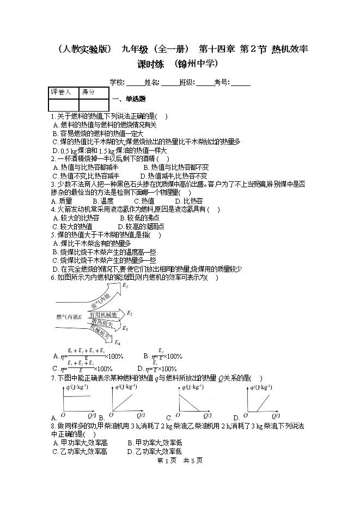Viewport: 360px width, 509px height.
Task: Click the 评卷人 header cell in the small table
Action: pyautogui.click(x=61, y=93)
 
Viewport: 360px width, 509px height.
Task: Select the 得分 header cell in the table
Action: pyautogui.click(x=88, y=93)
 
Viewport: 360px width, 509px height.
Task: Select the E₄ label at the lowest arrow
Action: pyautogui.click(x=118, y=342)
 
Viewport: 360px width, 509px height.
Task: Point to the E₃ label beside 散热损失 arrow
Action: pyautogui.click(x=125, y=328)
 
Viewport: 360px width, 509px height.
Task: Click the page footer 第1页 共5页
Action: pyautogui.click(x=179, y=461)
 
